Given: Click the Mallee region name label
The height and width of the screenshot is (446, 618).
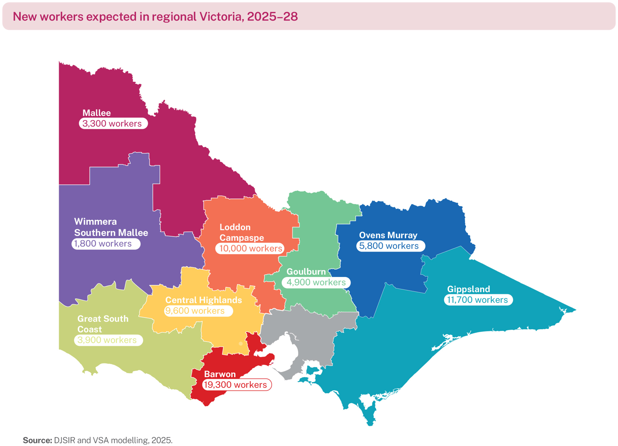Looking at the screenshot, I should (97, 113).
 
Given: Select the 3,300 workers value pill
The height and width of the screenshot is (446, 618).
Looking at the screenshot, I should (113, 124).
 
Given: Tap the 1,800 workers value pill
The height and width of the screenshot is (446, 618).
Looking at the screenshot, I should (106, 244).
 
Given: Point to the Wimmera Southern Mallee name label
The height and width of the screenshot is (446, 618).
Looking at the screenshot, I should (111, 227).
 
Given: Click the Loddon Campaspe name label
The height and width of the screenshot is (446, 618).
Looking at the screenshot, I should (241, 232).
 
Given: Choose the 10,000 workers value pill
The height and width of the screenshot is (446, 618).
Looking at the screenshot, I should (250, 249).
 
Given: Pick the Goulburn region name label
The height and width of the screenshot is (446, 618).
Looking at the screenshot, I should (306, 272).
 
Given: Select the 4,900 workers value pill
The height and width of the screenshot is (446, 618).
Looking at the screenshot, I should (316, 283).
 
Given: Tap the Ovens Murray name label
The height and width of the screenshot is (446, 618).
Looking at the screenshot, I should (388, 235).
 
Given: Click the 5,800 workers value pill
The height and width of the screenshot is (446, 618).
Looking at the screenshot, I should (390, 246).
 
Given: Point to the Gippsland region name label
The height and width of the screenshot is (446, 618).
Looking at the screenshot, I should (468, 289).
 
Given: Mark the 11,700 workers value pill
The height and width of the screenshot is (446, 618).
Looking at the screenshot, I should (478, 300).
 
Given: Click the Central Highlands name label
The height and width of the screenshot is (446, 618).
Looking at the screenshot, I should (204, 300).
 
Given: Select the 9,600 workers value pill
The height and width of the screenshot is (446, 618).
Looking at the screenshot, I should (198, 311).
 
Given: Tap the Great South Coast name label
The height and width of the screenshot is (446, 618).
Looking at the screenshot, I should (103, 324).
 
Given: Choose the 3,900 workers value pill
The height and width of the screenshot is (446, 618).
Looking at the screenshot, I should (108, 340).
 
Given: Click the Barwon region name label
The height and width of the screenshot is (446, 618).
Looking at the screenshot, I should (220, 374).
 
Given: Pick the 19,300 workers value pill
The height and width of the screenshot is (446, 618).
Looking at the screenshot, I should (237, 385).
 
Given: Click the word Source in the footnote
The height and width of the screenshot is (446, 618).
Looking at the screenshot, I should (37, 440).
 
